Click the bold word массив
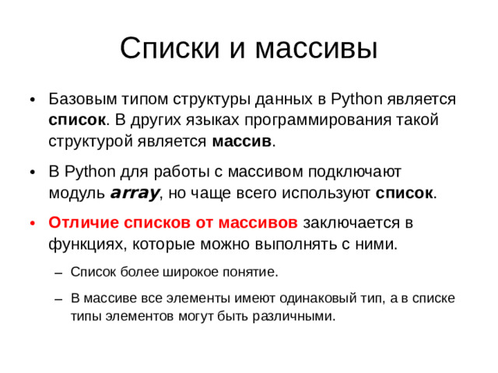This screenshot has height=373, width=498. [x=242, y=142]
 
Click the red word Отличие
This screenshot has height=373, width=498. [x=80, y=223]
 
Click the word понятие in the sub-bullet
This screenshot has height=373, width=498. [x=250, y=273]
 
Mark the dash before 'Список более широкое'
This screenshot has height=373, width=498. [x=58, y=274]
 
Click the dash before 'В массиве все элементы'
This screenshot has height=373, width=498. [x=58, y=298]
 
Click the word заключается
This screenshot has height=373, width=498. [x=352, y=223]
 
